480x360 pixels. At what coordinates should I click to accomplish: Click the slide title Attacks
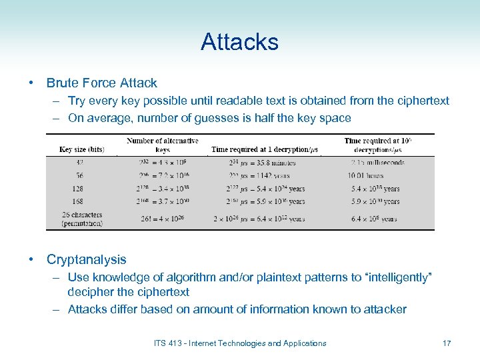coord(239,42)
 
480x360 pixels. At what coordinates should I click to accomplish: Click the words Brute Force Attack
coord(101,83)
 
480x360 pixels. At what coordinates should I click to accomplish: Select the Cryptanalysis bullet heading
coord(86,259)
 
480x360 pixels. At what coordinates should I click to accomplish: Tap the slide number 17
coord(446,343)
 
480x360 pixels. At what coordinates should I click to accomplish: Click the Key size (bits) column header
coord(82,149)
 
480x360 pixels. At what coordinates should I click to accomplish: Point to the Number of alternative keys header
coord(162,145)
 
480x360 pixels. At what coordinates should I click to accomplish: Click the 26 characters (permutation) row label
coord(82,219)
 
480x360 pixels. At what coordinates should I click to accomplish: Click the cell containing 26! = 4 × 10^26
coord(162,219)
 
